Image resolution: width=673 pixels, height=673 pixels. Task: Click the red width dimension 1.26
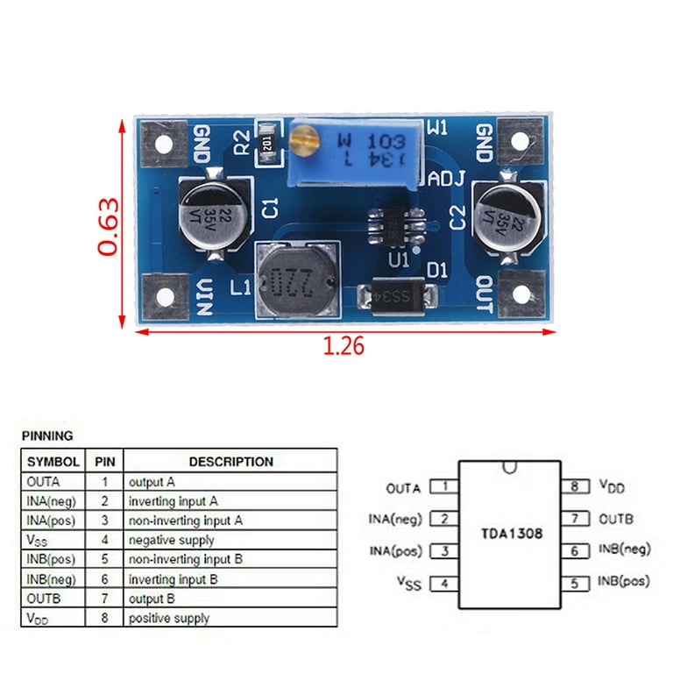coord(344,345)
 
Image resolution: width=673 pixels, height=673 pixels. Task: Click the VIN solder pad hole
coord(164,296)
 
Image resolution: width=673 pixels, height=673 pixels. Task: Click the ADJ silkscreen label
coord(445,179)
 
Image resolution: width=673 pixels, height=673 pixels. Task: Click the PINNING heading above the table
coord(47,436)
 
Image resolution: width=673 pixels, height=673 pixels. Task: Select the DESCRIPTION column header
coord(230,462)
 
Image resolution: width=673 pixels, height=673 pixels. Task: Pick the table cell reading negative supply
coord(171,541)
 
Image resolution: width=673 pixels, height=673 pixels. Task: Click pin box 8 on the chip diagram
coord(574,486)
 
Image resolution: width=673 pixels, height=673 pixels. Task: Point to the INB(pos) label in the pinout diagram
coord(624,581)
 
